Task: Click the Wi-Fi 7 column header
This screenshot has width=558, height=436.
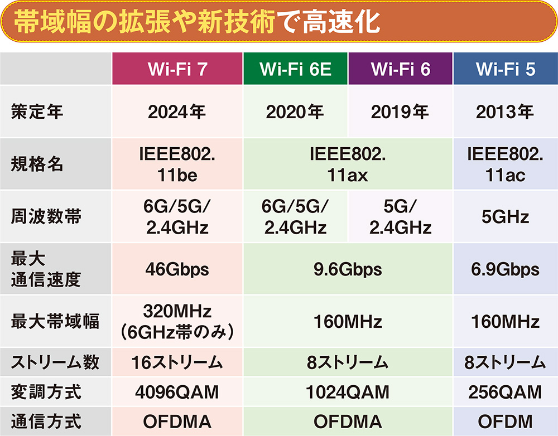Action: [x=177, y=69]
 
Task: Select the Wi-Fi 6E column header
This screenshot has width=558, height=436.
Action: [x=295, y=69]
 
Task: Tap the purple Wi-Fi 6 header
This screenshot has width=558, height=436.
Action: [x=400, y=69]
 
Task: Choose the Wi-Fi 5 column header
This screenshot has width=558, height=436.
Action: [x=506, y=69]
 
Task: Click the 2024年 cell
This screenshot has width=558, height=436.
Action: [x=177, y=112]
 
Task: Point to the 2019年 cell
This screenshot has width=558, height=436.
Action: [x=400, y=112]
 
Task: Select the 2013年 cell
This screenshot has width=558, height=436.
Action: [x=506, y=112]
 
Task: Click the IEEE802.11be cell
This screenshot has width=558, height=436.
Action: [x=177, y=164]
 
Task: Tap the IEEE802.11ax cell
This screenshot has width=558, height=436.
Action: [x=348, y=164]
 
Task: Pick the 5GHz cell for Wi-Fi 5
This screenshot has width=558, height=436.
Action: [x=506, y=216]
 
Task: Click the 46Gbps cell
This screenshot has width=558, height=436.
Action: [x=177, y=270]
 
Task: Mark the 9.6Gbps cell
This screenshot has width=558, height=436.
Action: [x=348, y=270]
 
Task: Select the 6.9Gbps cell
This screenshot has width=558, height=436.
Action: [x=506, y=270]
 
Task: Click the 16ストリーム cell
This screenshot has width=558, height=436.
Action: [x=177, y=363]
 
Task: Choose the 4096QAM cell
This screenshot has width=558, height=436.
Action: [x=177, y=392]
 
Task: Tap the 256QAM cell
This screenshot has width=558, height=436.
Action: [x=506, y=392]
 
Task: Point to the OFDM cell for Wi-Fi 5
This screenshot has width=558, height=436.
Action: [x=506, y=422]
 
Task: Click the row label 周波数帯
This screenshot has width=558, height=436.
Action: [x=45, y=216]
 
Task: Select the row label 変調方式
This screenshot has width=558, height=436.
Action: [x=45, y=392]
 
